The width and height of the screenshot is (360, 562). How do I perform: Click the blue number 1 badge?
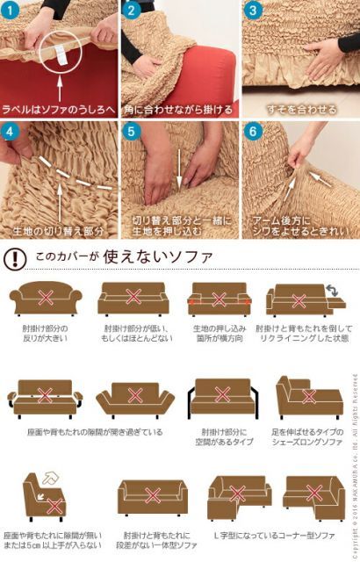click(11, 11)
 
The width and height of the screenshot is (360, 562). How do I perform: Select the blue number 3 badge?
click(252, 11)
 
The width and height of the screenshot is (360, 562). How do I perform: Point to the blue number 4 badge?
click(11, 133)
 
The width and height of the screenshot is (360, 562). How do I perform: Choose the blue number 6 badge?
click(252, 133)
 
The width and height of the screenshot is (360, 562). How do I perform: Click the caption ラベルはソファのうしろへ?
click(59, 110)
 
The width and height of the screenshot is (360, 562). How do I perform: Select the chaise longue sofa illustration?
click(308, 397)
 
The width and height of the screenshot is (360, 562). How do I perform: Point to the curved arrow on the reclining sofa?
click(335, 291)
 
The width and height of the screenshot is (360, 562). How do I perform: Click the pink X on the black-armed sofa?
click(222, 396)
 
